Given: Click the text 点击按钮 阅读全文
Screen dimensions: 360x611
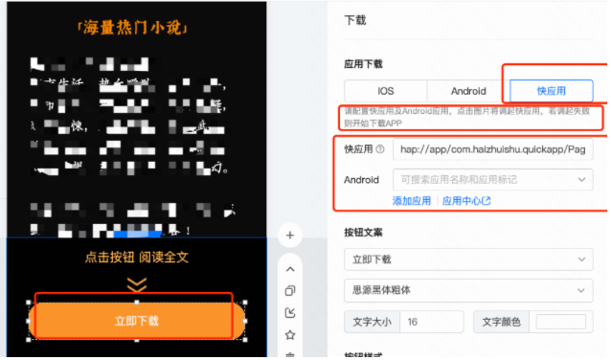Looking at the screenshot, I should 137,258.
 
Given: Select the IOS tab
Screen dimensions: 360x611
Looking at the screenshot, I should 385,91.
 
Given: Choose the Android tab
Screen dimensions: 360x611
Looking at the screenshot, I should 468,91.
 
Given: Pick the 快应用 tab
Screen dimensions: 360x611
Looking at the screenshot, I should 551,91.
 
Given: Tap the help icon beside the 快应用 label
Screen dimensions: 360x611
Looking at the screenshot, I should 380,149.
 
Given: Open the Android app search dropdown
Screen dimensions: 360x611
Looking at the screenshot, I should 492,179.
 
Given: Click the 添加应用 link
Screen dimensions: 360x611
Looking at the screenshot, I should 412,201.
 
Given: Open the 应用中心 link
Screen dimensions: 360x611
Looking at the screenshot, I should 466,201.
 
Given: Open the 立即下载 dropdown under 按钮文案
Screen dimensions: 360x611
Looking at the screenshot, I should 468,259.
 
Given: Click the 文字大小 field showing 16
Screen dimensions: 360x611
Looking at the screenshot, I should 430,322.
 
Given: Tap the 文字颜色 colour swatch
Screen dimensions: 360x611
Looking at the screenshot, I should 560,322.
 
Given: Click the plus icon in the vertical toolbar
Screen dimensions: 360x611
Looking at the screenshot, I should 290,235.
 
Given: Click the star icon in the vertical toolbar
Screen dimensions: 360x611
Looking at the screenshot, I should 290,334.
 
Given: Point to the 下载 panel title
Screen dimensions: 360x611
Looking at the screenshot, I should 354,19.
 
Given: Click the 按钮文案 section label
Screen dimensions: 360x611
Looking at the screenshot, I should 363,233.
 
